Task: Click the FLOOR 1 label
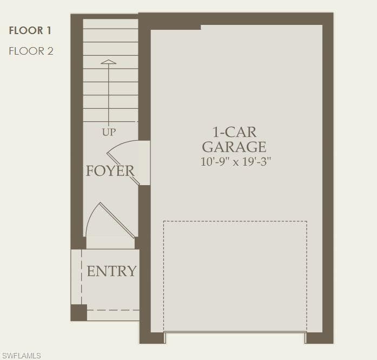pos(30,30)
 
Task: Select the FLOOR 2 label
pos(31,51)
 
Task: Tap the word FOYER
pos(110,171)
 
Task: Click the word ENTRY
pos(111,271)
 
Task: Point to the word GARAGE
pos(234,147)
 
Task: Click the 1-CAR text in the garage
pos(234,132)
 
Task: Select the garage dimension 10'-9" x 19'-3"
pos(236,161)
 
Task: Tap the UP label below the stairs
pos(109,132)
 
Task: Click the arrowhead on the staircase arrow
pos(108,62)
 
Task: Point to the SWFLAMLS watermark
pos(21,356)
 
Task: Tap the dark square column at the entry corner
pos(78,312)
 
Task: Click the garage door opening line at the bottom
pos(235,332)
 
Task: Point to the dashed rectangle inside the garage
pos(235,276)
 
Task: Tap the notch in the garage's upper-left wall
pos(175,27)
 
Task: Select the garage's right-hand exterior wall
pos(328,178)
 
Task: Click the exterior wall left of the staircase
pos(77,131)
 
